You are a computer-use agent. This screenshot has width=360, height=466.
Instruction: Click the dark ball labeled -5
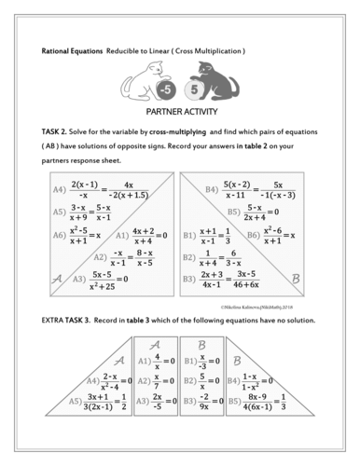point(163,90)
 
